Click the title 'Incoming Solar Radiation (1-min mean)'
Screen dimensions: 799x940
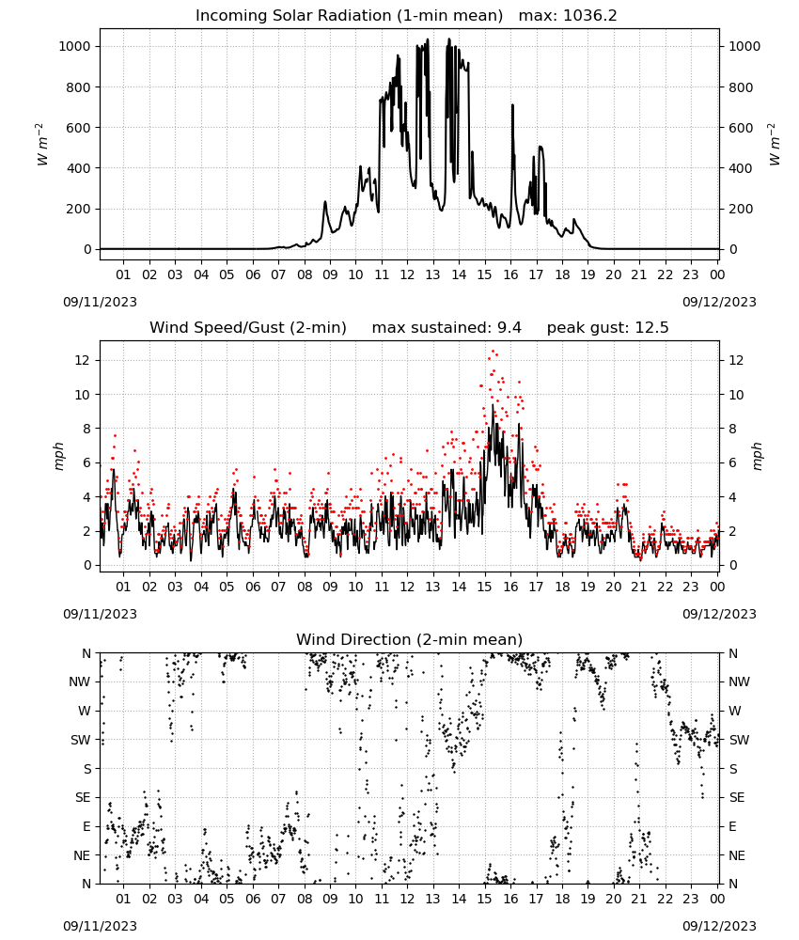click(x=349, y=16)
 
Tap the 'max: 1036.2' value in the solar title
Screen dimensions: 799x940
click(x=568, y=16)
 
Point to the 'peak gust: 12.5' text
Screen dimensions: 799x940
click(x=607, y=328)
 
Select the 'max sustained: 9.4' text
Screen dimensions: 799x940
click(x=446, y=328)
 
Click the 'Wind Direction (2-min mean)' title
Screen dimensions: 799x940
click(x=410, y=639)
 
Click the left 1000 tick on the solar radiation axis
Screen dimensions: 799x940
click(x=74, y=46)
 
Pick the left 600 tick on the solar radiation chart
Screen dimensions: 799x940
click(x=79, y=128)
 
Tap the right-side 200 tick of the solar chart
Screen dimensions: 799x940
click(x=741, y=210)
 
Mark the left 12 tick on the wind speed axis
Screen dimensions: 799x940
click(x=83, y=360)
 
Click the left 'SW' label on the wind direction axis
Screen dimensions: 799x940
click(x=81, y=740)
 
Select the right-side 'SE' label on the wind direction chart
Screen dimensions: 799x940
click(x=737, y=797)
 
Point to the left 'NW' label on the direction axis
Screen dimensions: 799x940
click(x=80, y=681)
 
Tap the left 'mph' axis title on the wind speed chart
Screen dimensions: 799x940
click(x=58, y=456)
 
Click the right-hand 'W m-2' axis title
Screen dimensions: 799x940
click(x=774, y=145)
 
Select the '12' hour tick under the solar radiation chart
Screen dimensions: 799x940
click(x=407, y=274)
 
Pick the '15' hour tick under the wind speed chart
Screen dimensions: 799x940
click(x=484, y=587)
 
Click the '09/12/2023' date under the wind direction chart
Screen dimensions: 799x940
click(x=719, y=926)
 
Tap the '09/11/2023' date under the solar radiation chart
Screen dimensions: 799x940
click(x=100, y=302)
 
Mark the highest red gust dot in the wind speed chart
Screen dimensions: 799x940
click(x=493, y=352)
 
